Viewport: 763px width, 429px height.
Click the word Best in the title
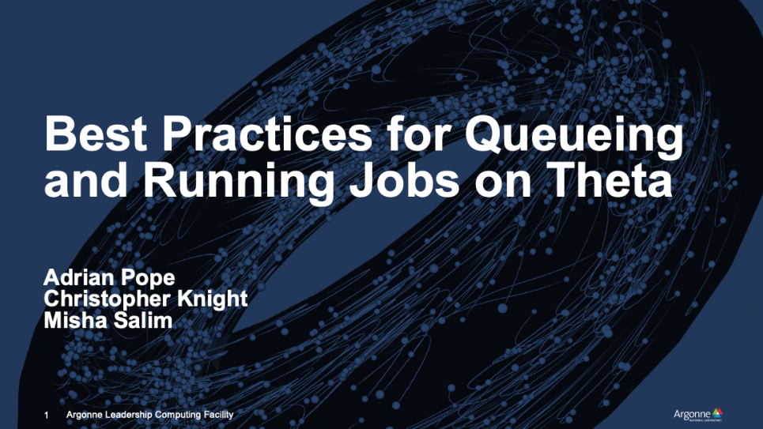tap(96, 134)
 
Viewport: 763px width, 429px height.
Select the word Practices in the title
tap(267, 134)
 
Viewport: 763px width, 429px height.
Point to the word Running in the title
tap(239, 183)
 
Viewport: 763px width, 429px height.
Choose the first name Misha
tap(75, 321)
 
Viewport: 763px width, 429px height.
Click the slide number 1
tap(46, 416)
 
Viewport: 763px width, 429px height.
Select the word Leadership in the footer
tap(128, 415)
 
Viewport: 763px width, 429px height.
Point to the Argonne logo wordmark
tap(692, 415)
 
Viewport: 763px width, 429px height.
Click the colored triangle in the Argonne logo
tap(717, 413)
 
